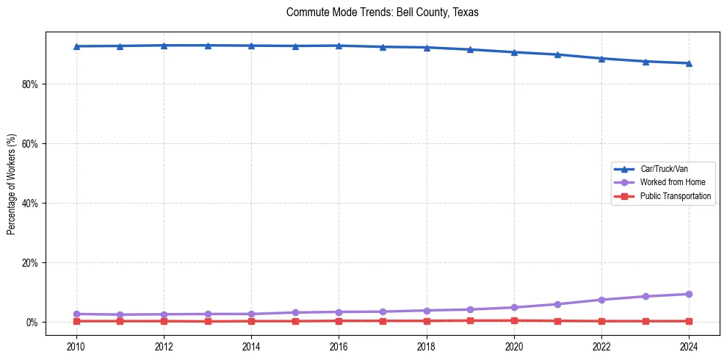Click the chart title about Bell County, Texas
click(x=382, y=12)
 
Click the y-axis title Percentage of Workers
click(x=12, y=184)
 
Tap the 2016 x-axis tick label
click(x=339, y=345)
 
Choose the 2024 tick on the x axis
click(x=689, y=345)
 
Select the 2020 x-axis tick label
click(x=514, y=345)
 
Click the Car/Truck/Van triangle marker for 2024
click(x=689, y=63)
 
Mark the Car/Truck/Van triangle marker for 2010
click(x=76, y=46)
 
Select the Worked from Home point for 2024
click(x=689, y=294)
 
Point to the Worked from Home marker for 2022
click(x=601, y=300)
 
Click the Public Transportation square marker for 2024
click(x=689, y=321)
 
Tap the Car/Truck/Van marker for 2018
click(x=427, y=48)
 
